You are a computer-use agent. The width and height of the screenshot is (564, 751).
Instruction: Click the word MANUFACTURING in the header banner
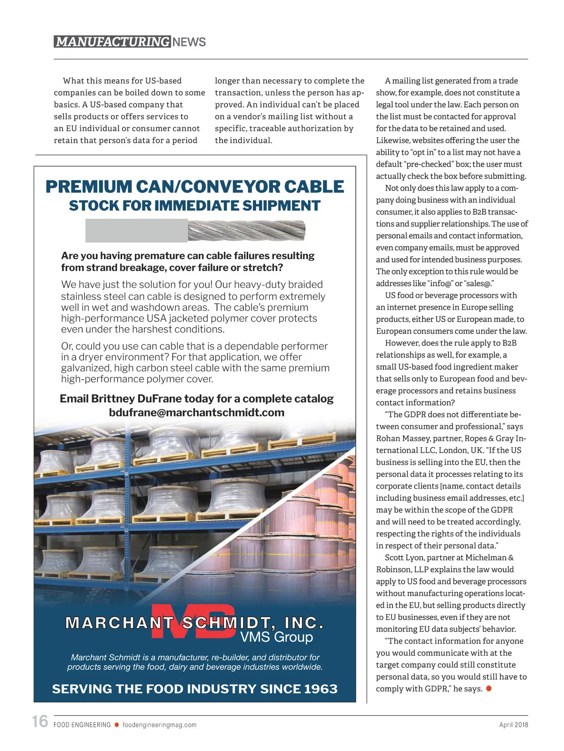(112, 42)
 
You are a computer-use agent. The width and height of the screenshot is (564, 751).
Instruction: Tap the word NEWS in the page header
(189, 42)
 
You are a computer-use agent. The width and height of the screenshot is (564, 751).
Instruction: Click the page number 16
(40, 721)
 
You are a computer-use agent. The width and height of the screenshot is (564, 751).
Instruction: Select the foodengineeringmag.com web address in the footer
(159, 725)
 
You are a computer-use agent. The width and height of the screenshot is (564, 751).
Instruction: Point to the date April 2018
(513, 725)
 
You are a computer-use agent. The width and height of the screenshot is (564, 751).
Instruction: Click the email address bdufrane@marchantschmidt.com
(196, 413)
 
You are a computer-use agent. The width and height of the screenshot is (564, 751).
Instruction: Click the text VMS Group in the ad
(276, 637)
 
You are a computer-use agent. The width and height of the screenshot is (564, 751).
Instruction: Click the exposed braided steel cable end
(247, 230)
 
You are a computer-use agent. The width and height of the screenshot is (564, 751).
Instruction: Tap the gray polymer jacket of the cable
(136, 230)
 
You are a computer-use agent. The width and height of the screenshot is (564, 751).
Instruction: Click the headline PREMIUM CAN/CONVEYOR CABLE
(195, 187)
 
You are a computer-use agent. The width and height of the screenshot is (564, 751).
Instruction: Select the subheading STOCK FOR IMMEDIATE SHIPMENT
(195, 206)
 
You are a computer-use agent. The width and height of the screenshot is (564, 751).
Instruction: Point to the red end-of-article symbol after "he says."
(489, 689)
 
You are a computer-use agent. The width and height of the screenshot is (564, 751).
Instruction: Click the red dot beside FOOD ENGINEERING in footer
(117, 725)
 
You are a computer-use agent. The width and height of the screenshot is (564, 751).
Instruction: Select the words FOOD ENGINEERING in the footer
(82, 725)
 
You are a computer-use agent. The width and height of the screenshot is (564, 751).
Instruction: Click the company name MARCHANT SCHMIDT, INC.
(195, 623)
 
